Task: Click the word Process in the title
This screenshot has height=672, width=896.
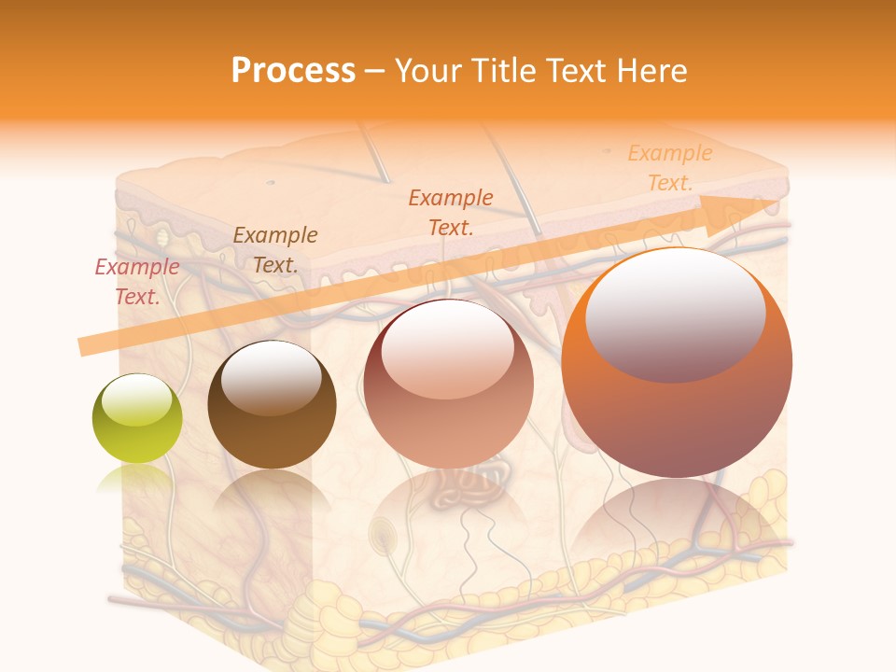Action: (x=293, y=71)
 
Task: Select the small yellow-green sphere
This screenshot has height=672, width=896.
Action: (x=137, y=418)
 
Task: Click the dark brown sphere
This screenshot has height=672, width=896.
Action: (x=272, y=405)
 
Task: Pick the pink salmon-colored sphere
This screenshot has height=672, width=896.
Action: (x=449, y=384)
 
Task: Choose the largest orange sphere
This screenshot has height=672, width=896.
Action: (x=677, y=363)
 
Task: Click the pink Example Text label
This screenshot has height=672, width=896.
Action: (x=137, y=282)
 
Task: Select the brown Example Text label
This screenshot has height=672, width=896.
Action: (x=275, y=250)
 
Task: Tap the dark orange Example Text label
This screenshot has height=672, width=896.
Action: (x=451, y=212)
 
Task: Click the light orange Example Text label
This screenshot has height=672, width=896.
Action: (x=669, y=168)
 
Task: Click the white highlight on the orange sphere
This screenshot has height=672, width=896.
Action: (x=675, y=315)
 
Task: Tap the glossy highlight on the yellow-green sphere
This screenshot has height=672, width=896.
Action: (x=137, y=399)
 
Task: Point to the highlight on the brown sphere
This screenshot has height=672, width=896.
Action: (x=272, y=377)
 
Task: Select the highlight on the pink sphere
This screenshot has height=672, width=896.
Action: (x=447, y=347)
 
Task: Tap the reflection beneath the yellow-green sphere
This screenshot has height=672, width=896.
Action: (x=137, y=481)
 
